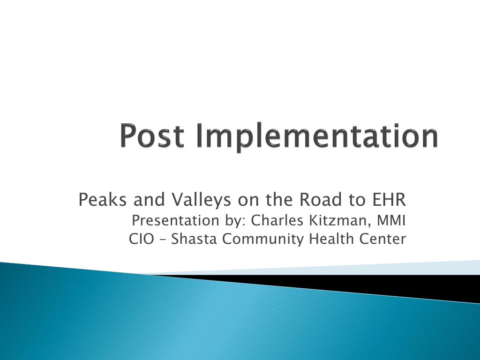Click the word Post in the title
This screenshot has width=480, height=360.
pyautogui.click(x=152, y=135)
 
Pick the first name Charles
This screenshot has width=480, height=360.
pyautogui.click(x=277, y=220)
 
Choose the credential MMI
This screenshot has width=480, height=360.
pyautogui.click(x=391, y=220)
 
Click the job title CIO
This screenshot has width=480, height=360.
pyautogui.click(x=141, y=239)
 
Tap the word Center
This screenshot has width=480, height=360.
pyautogui.click(x=382, y=239)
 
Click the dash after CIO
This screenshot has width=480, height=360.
pyautogui.click(x=162, y=240)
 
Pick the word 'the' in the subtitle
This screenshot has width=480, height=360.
pyautogui.click(x=278, y=200)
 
